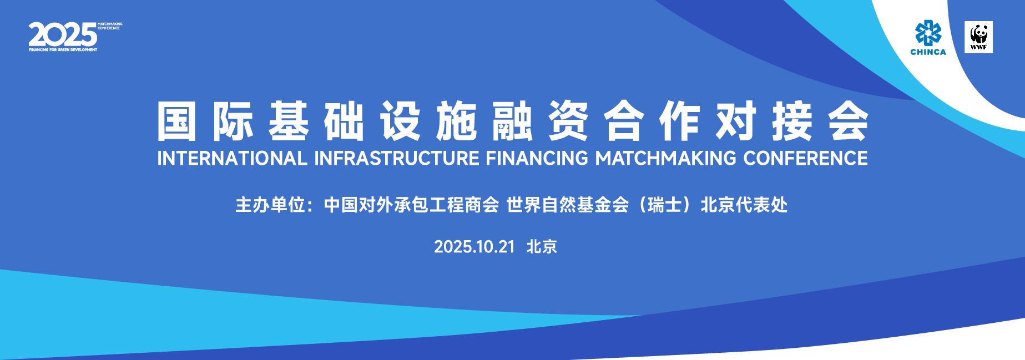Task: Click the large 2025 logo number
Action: point(63,35)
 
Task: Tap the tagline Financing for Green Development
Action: point(63,50)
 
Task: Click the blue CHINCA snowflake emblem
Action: point(928,33)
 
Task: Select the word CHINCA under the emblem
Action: point(928,52)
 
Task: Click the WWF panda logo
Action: point(978,37)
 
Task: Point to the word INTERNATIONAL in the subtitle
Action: point(232,158)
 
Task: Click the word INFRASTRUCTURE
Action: point(397,158)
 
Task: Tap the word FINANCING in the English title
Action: point(537,158)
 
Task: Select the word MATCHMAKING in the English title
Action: point(666,158)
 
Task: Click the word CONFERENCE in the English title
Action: point(806,158)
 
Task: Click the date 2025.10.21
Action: point(474,247)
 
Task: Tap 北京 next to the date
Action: point(542,247)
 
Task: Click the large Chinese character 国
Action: point(177,121)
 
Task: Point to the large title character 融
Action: point(513,121)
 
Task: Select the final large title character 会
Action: point(848,121)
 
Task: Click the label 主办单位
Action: point(270,205)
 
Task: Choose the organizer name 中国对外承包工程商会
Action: point(411,205)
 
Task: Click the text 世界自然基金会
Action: point(567,205)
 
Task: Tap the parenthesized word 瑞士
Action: point(664,205)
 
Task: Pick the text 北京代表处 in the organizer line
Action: point(744,205)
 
